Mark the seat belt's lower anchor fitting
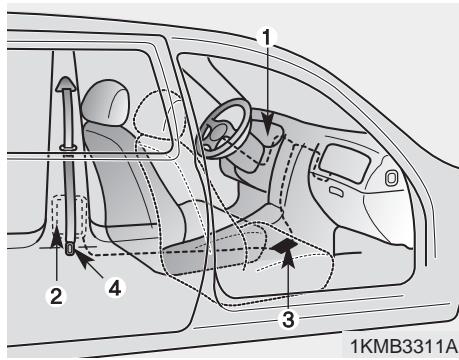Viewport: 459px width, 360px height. tap(70, 247)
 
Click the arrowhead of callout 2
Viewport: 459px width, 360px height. tap(56, 240)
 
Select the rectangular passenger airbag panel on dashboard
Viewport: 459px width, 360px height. tap(339, 158)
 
